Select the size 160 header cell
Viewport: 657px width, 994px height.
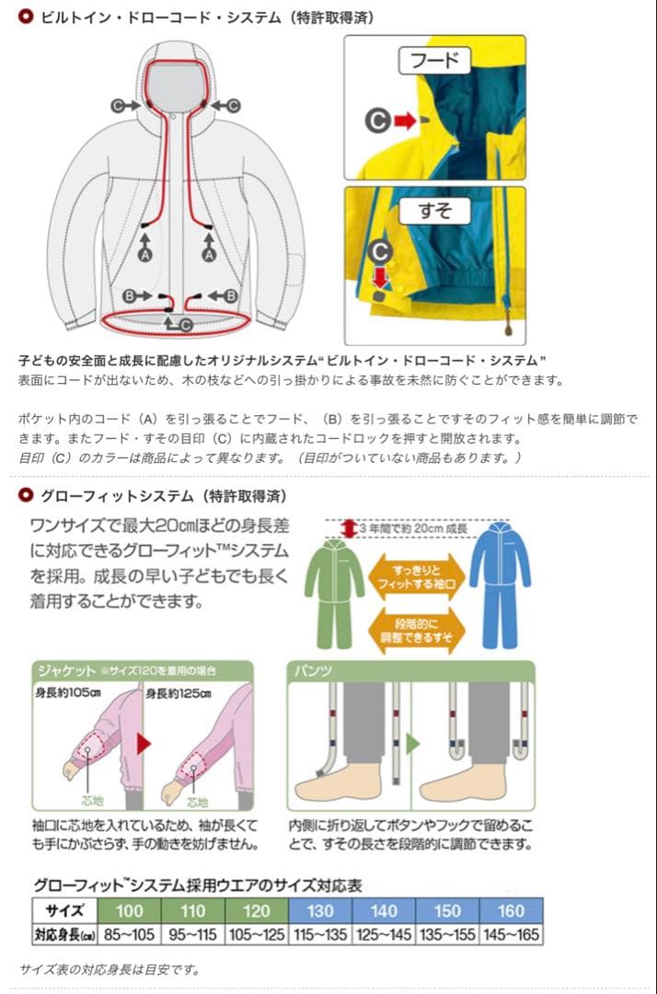point(511,910)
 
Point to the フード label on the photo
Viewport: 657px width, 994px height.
point(434,62)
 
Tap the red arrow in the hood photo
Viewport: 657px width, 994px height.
point(404,120)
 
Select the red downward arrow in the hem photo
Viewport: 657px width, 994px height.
point(379,277)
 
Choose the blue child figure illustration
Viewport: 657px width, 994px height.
point(500,580)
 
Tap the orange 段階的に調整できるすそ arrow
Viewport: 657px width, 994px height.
point(417,629)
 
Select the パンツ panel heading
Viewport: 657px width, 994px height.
point(313,670)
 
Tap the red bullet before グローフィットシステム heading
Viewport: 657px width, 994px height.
point(26,495)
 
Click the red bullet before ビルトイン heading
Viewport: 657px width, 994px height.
point(26,16)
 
